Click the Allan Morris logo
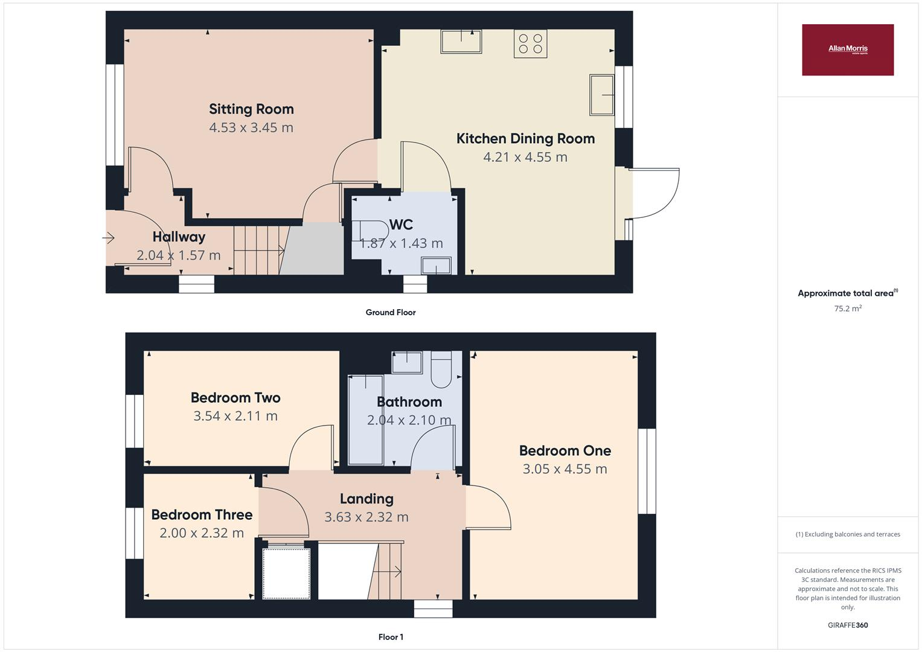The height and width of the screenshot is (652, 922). click(x=847, y=50)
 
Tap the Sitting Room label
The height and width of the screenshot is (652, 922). click(x=251, y=109)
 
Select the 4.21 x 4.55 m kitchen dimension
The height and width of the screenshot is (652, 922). click(x=525, y=157)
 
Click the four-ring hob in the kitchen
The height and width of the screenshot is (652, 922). click(x=530, y=43)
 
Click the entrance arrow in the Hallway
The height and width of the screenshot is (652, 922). click(x=109, y=238)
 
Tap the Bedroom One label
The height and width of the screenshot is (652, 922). click(x=565, y=450)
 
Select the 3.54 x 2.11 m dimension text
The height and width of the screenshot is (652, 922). click(x=235, y=416)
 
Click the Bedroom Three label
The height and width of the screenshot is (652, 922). click(x=202, y=514)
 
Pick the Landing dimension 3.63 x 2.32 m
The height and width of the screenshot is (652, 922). click(x=366, y=517)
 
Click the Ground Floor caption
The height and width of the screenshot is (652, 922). click(x=390, y=312)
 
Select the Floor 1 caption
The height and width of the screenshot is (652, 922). click(x=390, y=637)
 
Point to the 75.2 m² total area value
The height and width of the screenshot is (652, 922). click(x=847, y=308)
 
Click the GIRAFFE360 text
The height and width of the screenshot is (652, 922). click(x=847, y=625)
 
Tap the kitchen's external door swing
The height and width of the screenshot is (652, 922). click(x=655, y=193)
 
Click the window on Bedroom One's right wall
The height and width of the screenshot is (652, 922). click(x=647, y=471)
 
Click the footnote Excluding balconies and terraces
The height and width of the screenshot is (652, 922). click(x=847, y=534)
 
